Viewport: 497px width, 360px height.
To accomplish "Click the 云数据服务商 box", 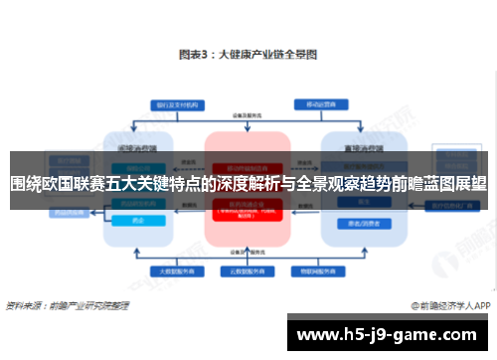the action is click(x=248, y=269).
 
